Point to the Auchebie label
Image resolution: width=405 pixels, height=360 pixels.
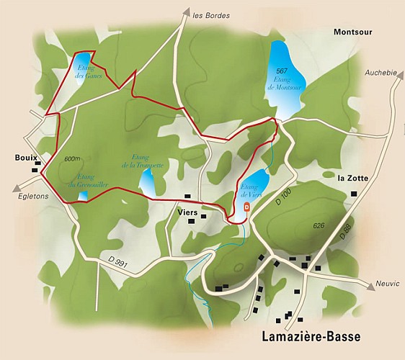pyautogui.click(x=381, y=73)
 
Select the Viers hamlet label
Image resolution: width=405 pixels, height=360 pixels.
pyautogui.click(x=187, y=212)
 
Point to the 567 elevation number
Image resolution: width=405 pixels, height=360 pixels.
pyautogui.click(x=282, y=71)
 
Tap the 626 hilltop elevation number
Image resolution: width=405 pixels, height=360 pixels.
pyautogui.click(x=319, y=225)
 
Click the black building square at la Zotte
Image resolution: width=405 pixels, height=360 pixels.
pyautogui.click(x=354, y=194)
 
